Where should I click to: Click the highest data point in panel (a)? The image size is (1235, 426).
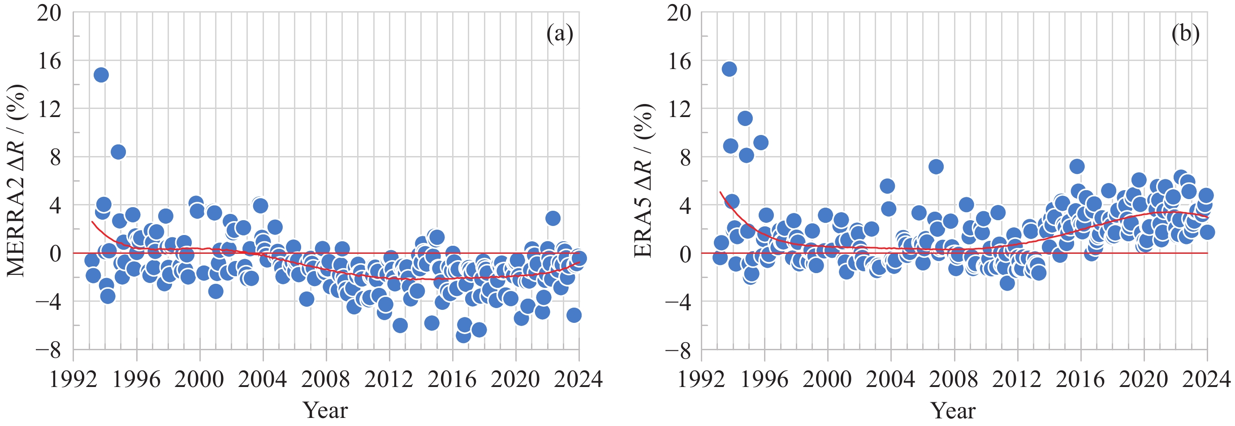click(x=101, y=75)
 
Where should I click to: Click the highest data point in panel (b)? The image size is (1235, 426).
click(x=729, y=69)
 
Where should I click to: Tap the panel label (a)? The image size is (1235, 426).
click(x=560, y=34)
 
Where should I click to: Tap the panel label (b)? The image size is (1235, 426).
click(x=1185, y=34)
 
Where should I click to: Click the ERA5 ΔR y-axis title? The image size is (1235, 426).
click(x=644, y=181)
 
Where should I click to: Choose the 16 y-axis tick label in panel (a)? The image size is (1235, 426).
click(x=50, y=61)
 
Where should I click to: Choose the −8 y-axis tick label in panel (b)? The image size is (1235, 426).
click(x=678, y=350)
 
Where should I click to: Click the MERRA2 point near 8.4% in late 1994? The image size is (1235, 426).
click(x=118, y=152)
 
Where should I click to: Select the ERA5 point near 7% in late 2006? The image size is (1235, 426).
click(x=936, y=167)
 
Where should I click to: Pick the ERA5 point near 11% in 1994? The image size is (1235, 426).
click(x=745, y=118)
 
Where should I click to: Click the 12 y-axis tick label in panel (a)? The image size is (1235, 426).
click(x=50, y=109)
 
